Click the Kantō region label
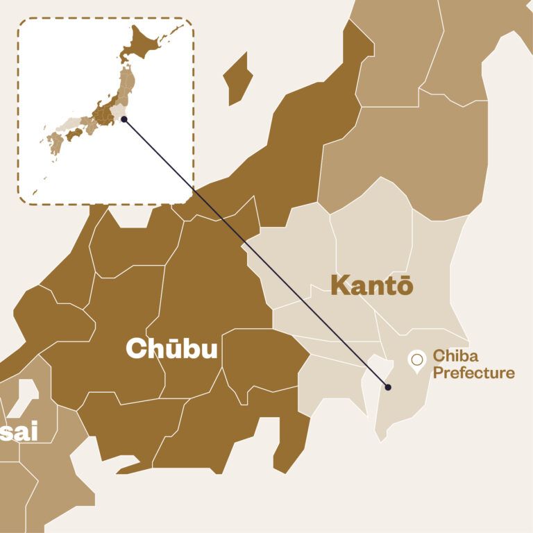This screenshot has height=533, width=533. click(x=372, y=286)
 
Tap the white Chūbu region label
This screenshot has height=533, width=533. click(x=171, y=349)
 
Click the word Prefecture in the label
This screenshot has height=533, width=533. click(x=474, y=373)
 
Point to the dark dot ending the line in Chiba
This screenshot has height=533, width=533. click(x=389, y=387)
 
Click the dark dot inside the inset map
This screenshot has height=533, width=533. click(x=124, y=119)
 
